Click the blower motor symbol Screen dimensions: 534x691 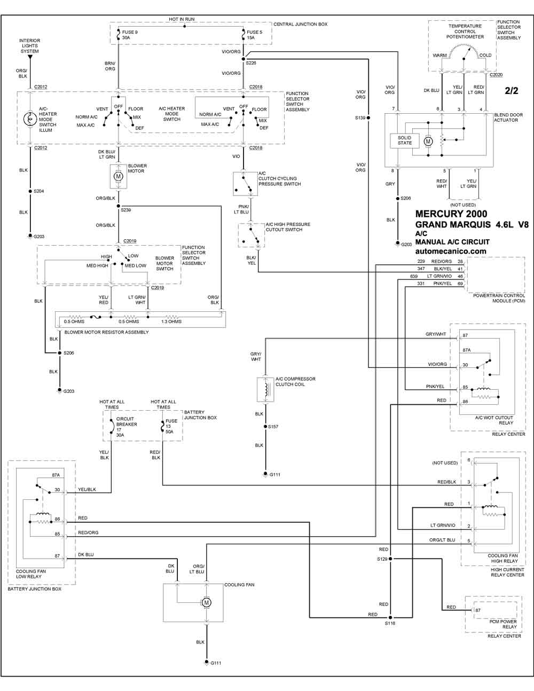coord(118,176)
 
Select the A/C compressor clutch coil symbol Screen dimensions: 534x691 coord(265,389)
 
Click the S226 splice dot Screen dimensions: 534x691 coord(244,59)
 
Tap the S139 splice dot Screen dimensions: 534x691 coord(368,117)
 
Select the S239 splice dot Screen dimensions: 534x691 coord(118,206)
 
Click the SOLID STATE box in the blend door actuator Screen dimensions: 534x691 coord(405,140)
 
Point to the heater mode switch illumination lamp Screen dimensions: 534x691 coord(30,119)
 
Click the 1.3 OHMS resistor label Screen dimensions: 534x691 coord(171,321)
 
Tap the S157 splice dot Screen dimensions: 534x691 coord(265,427)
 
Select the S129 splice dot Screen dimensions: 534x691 coord(390,559)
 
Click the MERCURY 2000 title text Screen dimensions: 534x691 coord(451,214)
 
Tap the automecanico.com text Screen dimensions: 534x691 coord(451,251)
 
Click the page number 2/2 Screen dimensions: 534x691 coord(512,91)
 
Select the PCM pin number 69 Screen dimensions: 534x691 coord(460,284)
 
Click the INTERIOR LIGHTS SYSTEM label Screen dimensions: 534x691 coord(29,46)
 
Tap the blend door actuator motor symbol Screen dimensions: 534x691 coord(428,141)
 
